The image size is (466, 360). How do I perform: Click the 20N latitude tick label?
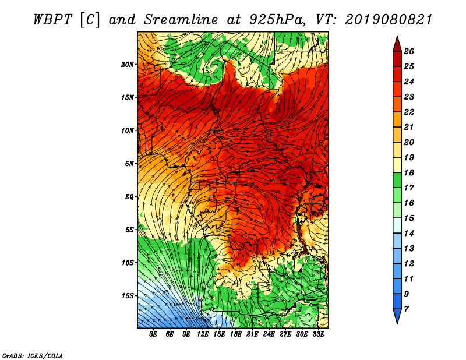tap(127, 65)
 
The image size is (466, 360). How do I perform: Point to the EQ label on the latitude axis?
tap(129, 197)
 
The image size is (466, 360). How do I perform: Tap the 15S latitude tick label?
tap(128, 296)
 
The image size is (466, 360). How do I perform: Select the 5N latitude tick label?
tap(129, 164)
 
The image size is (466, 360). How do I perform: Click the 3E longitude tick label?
tap(153, 334)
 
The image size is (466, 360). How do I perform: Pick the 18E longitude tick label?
tap(236, 334)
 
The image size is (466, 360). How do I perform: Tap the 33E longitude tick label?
tap(318, 334)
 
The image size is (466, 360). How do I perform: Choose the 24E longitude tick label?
tap(269, 334)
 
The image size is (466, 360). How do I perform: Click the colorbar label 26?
tap(409, 51)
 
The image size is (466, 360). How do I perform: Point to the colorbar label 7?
tap(406, 309)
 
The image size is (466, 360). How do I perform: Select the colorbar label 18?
tap(409, 172)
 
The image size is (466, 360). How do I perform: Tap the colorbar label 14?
tap(409, 234)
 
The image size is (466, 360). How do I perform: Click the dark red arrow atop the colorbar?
tap(397, 45)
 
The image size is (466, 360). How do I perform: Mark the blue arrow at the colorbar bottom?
tap(397, 316)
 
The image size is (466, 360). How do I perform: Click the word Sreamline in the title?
tap(181, 20)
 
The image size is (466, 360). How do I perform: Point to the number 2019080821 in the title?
tap(389, 20)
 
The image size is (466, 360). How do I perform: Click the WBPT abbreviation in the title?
tap(52, 20)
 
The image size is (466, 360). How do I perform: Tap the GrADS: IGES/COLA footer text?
tap(33, 356)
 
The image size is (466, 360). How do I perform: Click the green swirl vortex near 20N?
tap(213, 67)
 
